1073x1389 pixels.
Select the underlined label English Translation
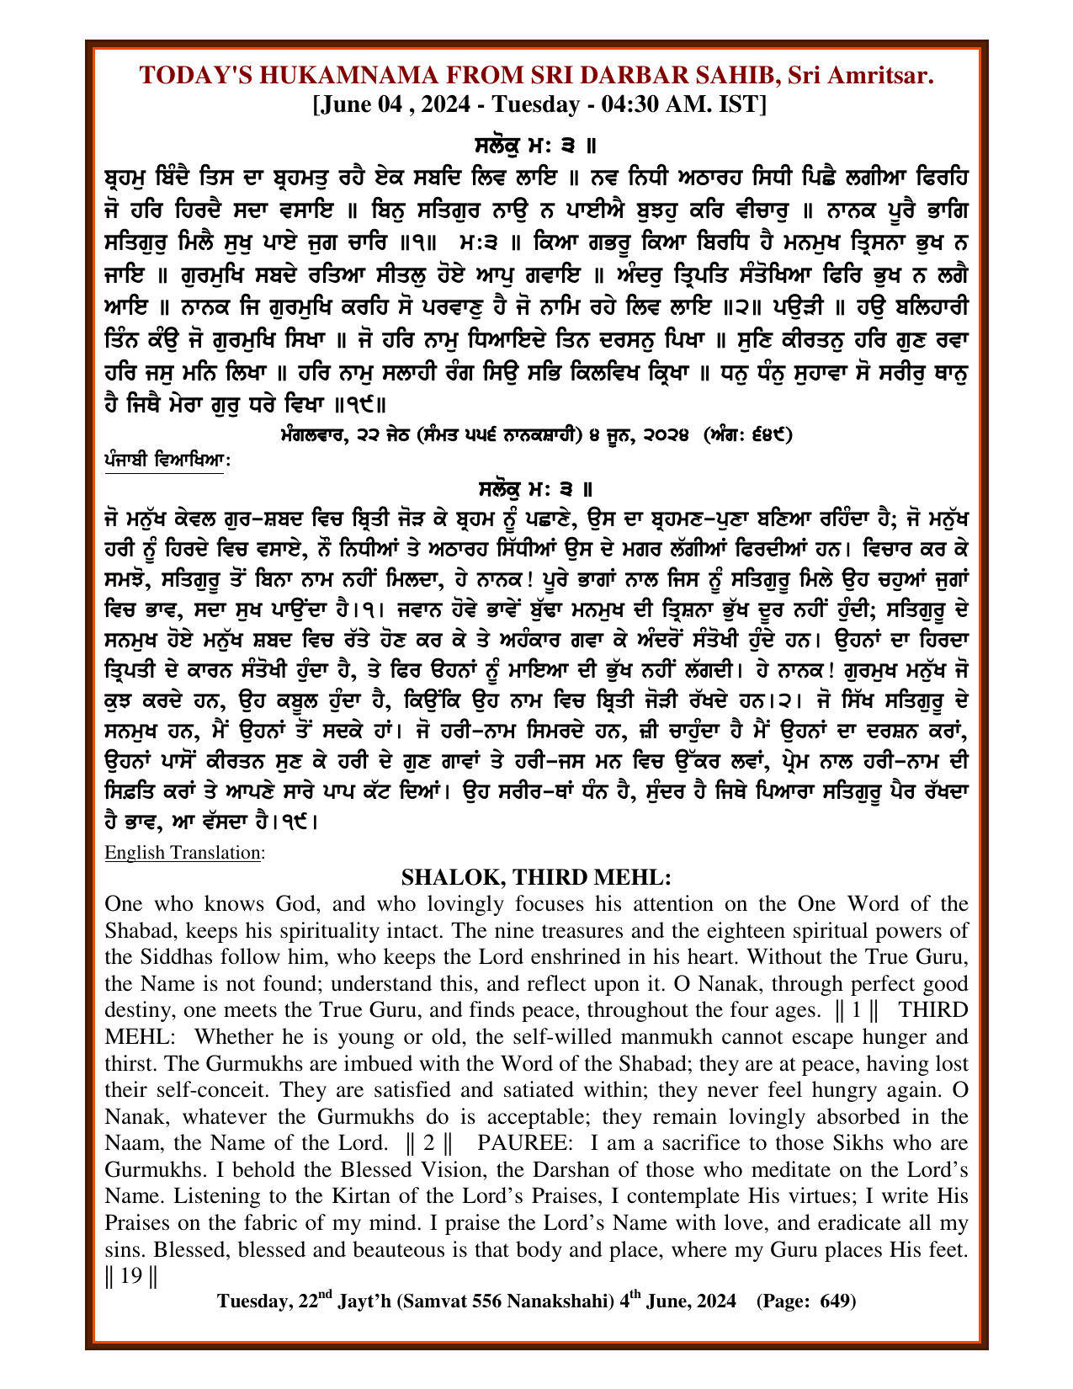tap(183, 852)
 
